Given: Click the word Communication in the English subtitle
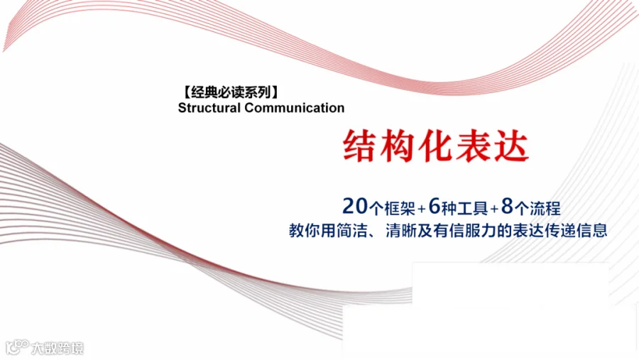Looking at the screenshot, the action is (x=294, y=108).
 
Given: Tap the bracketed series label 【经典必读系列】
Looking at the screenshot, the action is (x=231, y=92).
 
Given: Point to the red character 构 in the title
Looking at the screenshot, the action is (x=396, y=146).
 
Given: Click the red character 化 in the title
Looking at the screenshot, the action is (x=434, y=146).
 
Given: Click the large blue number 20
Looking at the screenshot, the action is (x=355, y=207).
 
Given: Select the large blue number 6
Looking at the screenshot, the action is (x=435, y=207).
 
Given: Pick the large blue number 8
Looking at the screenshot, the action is (x=507, y=207).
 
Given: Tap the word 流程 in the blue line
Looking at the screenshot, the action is (x=545, y=208).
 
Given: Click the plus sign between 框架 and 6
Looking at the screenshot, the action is (x=422, y=209).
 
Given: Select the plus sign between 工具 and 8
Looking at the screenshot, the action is (x=494, y=209).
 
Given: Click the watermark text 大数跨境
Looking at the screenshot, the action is (x=58, y=348).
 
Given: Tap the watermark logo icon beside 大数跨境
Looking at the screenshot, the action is (x=17, y=347).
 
